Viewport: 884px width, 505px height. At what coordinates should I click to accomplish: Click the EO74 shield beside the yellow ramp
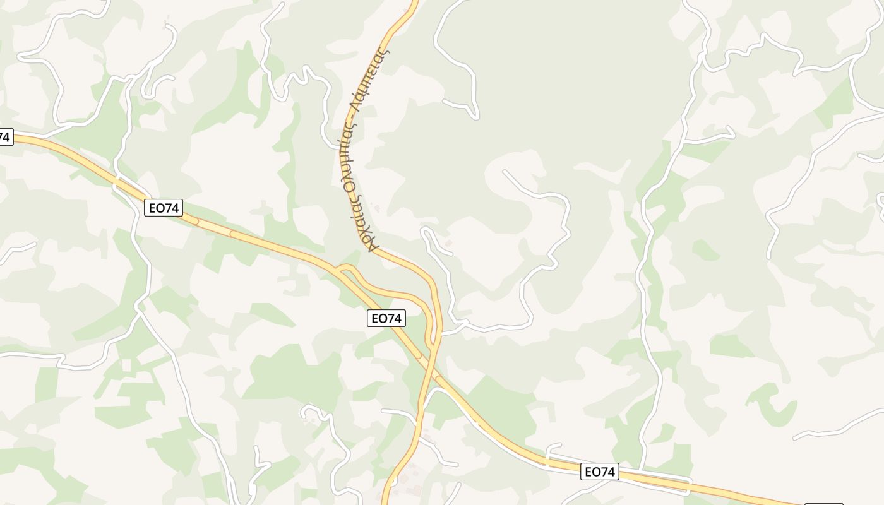pyautogui.click(x=386, y=319)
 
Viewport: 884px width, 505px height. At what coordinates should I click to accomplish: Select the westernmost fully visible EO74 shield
pyautogui.click(x=164, y=208)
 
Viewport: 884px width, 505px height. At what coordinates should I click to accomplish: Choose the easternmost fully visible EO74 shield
pyautogui.click(x=599, y=472)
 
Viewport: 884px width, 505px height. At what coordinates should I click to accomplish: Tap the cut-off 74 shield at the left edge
pyautogui.click(x=6, y=136)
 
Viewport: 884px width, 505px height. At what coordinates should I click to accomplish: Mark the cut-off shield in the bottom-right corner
pyautogui.click(x=824, y=504)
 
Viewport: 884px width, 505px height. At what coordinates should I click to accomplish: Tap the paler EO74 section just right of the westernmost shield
pyautogui.click(x=215, y=228)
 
